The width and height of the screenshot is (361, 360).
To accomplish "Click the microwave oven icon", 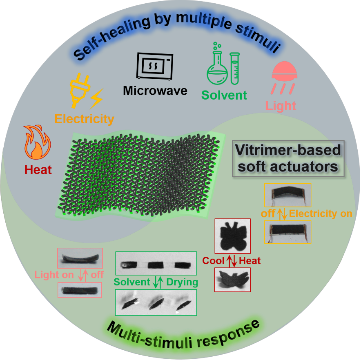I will (x=154, y=66).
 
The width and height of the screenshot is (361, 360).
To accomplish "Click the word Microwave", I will (x=155, y=90).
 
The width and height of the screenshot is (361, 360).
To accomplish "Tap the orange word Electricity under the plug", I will (x=84, y=119).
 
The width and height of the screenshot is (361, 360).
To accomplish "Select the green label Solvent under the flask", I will (x=224, y=95).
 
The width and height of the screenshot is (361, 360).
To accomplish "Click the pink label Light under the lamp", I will (x=281, y=106).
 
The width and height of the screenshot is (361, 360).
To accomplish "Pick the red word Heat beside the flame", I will (x=38, y=169).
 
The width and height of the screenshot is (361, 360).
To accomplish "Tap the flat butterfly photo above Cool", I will (x=232, y=236).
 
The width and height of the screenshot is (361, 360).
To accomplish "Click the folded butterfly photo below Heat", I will (x=232, y=280).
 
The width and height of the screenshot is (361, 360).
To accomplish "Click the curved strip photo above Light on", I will (x=80, y=258).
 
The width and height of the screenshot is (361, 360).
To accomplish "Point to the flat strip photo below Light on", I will (x=80, y=290).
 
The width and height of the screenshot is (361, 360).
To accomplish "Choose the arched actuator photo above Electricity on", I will (x=287, y=195).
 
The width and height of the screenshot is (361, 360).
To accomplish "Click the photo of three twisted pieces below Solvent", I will (x=156, y=302).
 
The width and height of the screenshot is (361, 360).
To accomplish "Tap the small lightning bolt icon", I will (x=97, y=99).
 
